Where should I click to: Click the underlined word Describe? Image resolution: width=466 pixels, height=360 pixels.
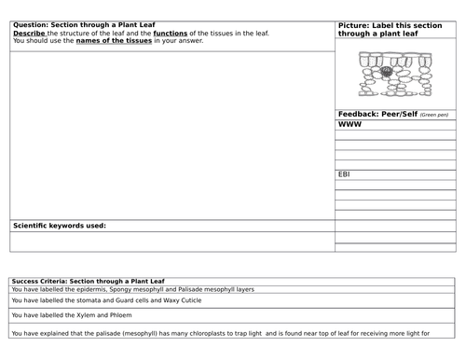click(x=28, y=33)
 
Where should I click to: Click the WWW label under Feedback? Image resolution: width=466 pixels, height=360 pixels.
click(x=349, y=124)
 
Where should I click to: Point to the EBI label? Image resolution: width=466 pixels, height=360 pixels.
click(x=344, y=173)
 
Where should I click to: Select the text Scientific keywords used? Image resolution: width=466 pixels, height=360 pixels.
click(x=60, y=226)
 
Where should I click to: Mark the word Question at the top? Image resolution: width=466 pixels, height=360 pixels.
click(x=30, y=24)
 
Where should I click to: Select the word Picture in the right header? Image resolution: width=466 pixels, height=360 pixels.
click(x=354, y=24)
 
